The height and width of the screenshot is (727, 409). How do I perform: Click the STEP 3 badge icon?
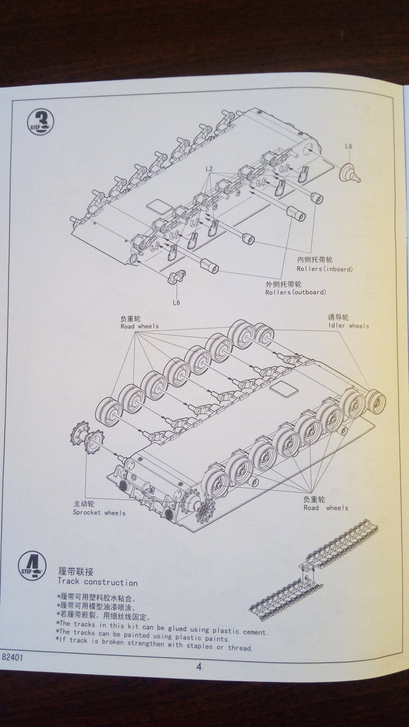click(40, 122)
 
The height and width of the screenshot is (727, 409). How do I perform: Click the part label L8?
click(348, 146)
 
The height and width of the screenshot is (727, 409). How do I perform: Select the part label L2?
click(209, 169)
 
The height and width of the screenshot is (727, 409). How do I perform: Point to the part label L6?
click(176, 302)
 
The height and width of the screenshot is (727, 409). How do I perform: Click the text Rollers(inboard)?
click(324, 269)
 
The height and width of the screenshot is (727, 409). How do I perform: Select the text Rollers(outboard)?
click(295, 293)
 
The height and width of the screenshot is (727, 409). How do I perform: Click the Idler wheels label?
click(348, 326)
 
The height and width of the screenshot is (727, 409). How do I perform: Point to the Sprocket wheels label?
click(99, 513)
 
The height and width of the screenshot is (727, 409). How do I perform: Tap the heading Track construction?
click(97, 582)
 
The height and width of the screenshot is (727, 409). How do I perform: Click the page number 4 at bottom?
click(199, 667)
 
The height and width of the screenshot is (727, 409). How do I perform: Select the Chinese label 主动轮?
click(84, 504)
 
